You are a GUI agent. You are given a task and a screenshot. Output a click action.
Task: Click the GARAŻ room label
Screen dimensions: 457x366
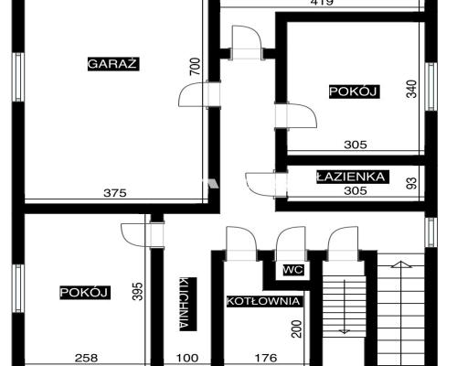(x=113, y=64)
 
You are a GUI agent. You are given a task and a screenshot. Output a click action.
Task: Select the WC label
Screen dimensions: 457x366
(x=293, y=270)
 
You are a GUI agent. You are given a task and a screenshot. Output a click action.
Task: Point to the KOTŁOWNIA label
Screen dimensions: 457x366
(x=263, y=301)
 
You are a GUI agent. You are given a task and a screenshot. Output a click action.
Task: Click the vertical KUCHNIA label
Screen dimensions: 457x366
(x=186, y=304)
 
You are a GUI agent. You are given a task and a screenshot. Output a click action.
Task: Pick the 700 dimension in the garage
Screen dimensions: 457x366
(x=196, y=67)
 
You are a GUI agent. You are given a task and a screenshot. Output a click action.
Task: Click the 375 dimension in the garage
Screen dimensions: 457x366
(x=114, y=193)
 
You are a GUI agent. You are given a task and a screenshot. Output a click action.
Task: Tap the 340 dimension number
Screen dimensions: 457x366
(x=411, y=89)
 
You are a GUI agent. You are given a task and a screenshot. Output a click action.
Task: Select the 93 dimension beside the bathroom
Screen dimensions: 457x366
(x=412, y=183)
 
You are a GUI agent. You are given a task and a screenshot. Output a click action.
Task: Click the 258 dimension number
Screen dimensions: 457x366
(x=87, y=358)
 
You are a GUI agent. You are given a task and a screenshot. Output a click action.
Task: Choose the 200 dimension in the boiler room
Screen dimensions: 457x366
(x=297, y=328)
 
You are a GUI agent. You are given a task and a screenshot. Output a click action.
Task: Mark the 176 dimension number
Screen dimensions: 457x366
(x=266, y=358)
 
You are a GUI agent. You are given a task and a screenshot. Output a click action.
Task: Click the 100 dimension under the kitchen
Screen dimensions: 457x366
(x=187, y=358)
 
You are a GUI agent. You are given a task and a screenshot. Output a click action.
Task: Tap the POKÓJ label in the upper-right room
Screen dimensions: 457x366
(x=354, y=91)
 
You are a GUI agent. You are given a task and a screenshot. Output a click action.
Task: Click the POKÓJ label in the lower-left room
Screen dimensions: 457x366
(x=85, y=293)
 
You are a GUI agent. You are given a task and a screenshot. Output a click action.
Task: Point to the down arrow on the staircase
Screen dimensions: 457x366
(x=344, y=307)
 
